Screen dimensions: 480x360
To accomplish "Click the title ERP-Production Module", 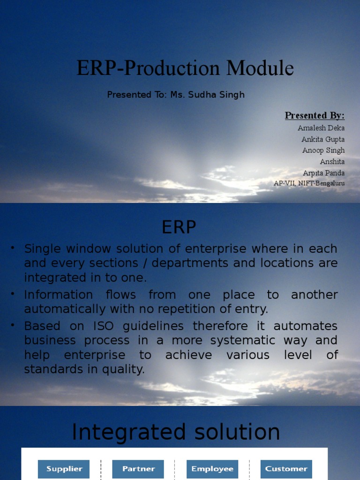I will click(185, 68).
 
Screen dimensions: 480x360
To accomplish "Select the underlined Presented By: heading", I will click(315, 116).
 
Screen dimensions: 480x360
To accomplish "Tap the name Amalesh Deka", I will click(321, 128).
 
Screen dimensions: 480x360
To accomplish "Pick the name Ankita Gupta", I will click(323, 139).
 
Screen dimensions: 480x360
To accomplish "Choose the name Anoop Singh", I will click(323, 150).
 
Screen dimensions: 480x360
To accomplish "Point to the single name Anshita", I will click(332, 162).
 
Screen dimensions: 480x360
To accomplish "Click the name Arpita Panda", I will click(323, 173).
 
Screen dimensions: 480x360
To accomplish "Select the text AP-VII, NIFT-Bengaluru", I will click(309, 183).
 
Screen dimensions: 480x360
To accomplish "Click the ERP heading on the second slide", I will click(179, 228).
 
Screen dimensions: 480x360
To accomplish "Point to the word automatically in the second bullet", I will click(66, 309).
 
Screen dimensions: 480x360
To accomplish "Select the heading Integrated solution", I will click(176, 432).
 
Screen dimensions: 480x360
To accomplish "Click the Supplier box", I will click(64, 469).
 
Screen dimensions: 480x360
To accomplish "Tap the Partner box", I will click(138, 469).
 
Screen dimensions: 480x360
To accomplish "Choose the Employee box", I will click(212, 469).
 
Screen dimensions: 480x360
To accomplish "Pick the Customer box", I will click(286, 469).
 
